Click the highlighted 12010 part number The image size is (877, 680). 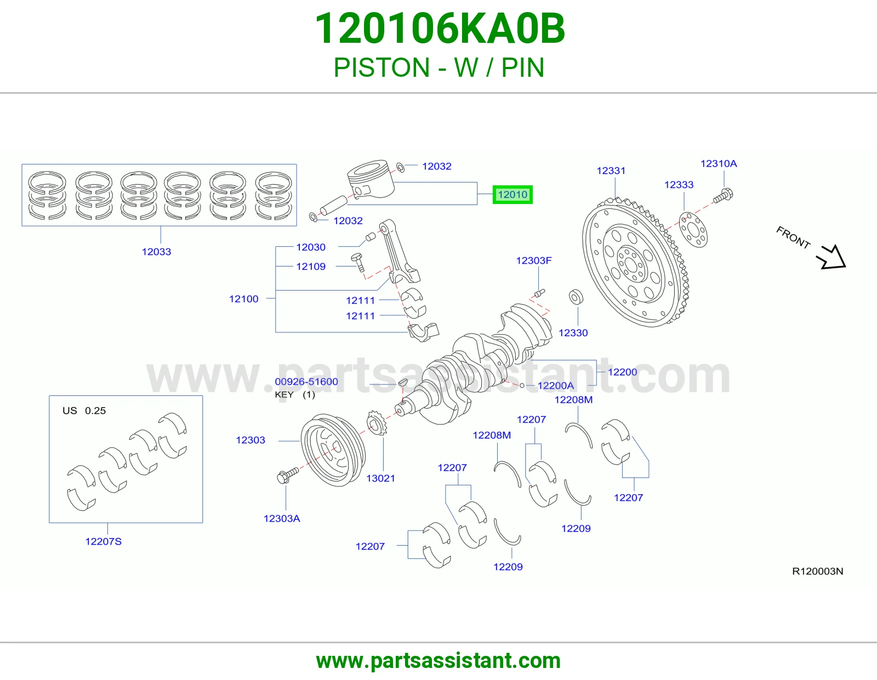pyautogui.click(x=512, y=195)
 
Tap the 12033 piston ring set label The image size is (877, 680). pyautogui.click(x=156, y=252)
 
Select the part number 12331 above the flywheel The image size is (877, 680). pyautogui.click(x=611, y=171)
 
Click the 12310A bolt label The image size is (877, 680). pyautogui.click(x=719, y=163)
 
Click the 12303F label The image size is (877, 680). pyautogui.click(x=533, y=260)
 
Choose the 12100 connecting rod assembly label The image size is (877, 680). pyautogui.click(x=243, y=299)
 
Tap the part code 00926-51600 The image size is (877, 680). pyautogui.click(x=306, y=382)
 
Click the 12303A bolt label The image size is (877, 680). pyautogui.click(x=282, y=518)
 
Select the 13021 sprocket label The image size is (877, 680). pyautogui.click(x=380, y=478)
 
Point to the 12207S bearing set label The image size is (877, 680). pyautogui.click(x=103, y=541)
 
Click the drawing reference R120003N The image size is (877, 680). pyautogui.click(x=818, y=571)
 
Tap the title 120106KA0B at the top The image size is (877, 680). pyautogui.click(x=440, y=29)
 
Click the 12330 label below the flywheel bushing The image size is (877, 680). pyautogui.click(x=573, y=333)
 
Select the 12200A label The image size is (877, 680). pyautogui.click(x=555, y=386)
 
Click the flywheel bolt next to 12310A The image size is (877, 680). pyautogui.click(x=723, y=195)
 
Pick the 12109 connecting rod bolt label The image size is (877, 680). pyautogui.click(x=311, y=267)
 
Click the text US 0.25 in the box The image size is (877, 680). pyautogui.click(x=84, y=411)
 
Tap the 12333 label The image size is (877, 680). pyautogui.click(x=679, y=185)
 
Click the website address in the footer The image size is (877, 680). pyautogui.click(x=438, y=661)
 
